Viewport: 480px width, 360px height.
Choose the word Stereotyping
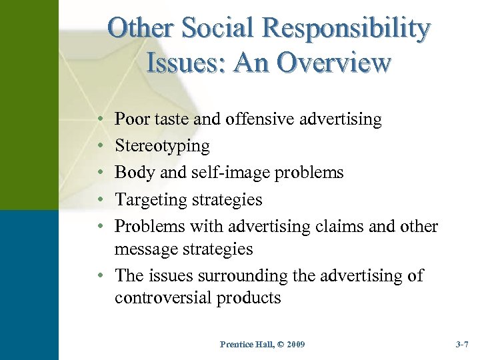point(162,147)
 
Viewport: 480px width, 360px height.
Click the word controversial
point(166,298)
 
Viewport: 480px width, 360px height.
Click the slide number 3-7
point(462,345)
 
